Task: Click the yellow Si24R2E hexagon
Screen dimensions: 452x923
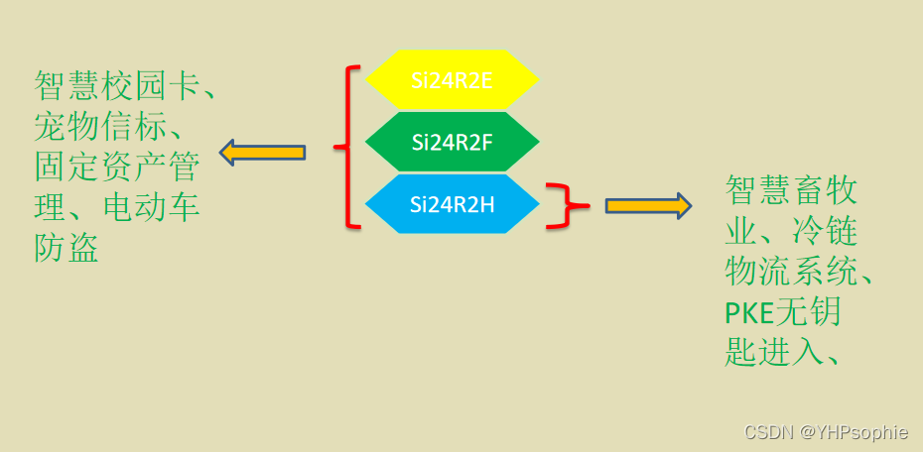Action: [452, 79]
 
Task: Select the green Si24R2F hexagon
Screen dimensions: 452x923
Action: [452, 142]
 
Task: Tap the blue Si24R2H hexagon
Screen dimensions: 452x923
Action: [452, 204]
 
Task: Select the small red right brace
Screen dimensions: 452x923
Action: [568, 205]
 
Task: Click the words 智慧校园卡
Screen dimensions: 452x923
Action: [113, 86]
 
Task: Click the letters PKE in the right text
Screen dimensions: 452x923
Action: [749, 313]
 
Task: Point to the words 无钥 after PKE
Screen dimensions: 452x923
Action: [808, 313]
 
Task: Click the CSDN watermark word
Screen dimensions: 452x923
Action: [769, 432]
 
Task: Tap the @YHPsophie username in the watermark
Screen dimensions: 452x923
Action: [855, 432]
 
